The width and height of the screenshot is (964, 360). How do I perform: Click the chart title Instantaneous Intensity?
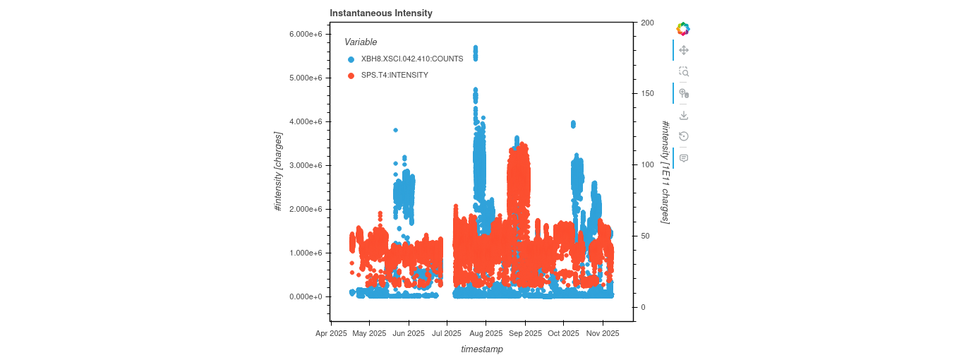pyautogui.click(x=381, y=13)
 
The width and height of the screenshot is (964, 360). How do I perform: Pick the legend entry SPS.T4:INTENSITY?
pyautogui.click(x=394, y=75)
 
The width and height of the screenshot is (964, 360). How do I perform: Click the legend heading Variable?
pyautogui.click(x=361, y=42)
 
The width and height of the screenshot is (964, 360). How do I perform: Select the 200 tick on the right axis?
pyautogui.click(x=647, y=23)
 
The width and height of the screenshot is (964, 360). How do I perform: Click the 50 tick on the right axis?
pyautogui.click(x=645, y=236)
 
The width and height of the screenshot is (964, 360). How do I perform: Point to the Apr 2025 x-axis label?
pyautogui.click(x=330, y=334)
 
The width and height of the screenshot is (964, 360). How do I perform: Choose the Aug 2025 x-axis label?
pyautogui.click(x=486, y=334)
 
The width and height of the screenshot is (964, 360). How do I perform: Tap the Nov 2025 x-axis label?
pyautogui.click(x=603, y=334)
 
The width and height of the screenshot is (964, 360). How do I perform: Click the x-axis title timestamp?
pyautogui.click(x=482, y=349)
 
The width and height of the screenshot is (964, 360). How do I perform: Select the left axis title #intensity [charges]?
pyautogui.click(x=279, y=172)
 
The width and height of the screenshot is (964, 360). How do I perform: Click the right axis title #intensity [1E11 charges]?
pyautogui.click(x=665, y=172)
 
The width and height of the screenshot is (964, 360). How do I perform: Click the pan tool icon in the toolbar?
pyautogui.click(x=683, y=50)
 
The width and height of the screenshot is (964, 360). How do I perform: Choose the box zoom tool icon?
pyautogui.click(x=683, y=72)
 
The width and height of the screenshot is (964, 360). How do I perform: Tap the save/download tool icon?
pyautogui.click(x=683, y=115)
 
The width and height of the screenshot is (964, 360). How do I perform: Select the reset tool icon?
pyautogui.click(x=683, y=136)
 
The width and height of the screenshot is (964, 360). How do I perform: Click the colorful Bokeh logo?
pyautogui.click(x=683, y=29)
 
